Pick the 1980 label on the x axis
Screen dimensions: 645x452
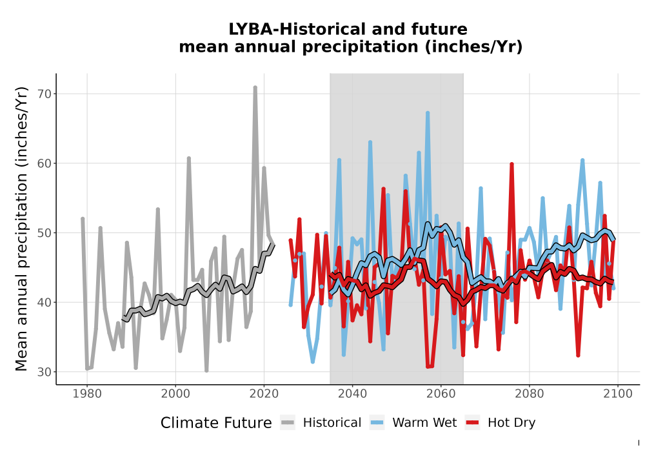coord(87,394)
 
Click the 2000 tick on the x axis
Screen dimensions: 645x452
coord(175,394)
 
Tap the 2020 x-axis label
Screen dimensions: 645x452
coord(264,394)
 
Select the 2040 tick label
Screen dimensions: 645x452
coord(353,394)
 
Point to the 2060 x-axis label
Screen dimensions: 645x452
coord(441,394)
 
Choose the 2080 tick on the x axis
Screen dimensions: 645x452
coord(530,394)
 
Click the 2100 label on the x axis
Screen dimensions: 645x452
coord(618,394)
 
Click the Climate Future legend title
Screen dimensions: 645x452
coord(216,423)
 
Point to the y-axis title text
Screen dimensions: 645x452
coord(21,229)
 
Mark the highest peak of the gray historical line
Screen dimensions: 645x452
coord(255,87)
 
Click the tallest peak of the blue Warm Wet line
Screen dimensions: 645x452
coord(428,112)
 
